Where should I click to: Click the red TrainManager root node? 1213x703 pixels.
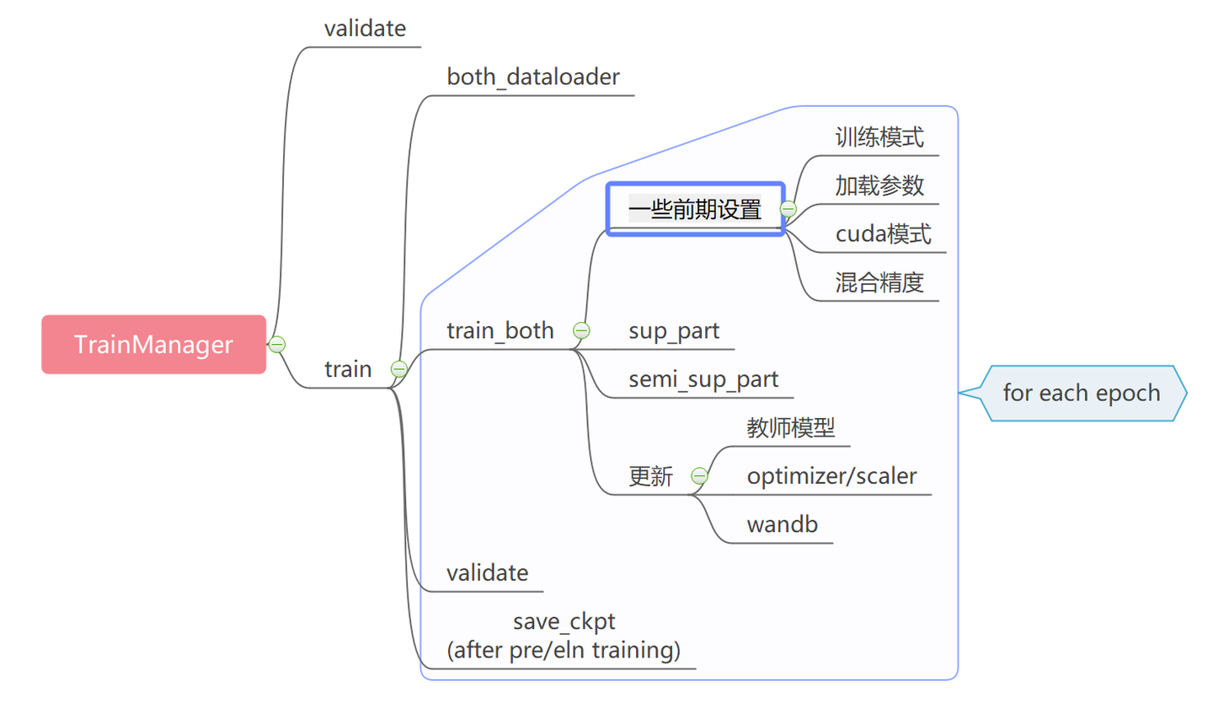153,344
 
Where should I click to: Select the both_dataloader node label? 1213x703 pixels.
533,78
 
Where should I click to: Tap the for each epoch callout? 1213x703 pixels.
1082,393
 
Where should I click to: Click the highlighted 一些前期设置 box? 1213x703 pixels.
695,208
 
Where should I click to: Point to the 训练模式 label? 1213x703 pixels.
879,137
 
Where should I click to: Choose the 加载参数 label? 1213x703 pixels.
879,185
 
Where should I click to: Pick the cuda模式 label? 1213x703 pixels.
884,234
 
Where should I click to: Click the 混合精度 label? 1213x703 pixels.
879,282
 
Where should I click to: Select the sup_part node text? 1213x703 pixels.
674,330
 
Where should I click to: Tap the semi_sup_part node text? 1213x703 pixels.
703,379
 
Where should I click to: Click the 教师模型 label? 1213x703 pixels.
790,428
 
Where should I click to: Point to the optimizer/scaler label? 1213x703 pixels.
831,476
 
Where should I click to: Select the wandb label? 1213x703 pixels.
783,525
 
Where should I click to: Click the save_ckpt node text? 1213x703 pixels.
564,622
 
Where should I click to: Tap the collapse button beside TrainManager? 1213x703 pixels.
276,344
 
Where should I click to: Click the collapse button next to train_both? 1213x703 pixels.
580,330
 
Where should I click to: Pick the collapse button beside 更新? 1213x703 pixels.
698,476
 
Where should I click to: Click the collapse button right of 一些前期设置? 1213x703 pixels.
788,208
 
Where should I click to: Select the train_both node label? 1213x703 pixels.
500,330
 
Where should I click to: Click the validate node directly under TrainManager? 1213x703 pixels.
365,29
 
